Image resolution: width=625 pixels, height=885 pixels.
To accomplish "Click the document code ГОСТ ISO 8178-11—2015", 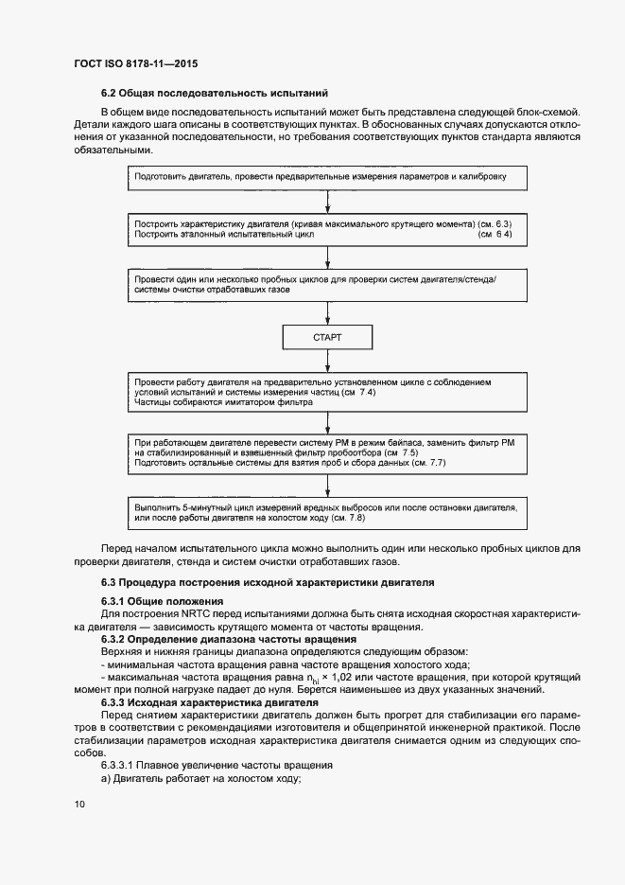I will [135, 64].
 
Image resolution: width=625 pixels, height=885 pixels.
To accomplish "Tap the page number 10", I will [79, 805].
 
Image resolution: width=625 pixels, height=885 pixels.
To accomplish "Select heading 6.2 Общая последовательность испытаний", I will [214, 93].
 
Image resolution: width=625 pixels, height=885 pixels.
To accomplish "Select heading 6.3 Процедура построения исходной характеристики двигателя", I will [268, 580].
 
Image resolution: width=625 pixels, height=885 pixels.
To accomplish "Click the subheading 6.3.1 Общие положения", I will [162, 602].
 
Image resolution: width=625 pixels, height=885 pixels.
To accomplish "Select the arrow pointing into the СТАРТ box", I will [326, 315].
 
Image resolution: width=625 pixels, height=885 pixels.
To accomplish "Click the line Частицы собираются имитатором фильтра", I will [223, 402].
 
